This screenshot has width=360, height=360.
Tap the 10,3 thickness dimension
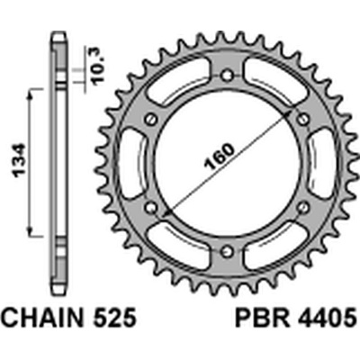98,65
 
